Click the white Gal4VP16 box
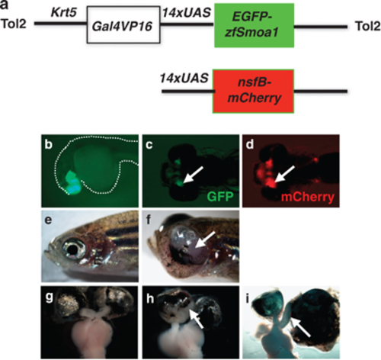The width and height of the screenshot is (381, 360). coord(123,24)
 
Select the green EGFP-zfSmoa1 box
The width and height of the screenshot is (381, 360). coord(255,25)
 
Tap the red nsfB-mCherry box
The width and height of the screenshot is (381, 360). coord(253,91)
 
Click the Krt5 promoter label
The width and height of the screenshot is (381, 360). coord(64,12)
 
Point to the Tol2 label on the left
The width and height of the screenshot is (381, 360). coord(14,24)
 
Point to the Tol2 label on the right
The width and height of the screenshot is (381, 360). coord(367,26)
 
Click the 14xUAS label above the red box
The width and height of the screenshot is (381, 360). coord(184,78)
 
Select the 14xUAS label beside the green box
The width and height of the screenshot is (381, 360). coord(187,12)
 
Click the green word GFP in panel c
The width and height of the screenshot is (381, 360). coord(220,197)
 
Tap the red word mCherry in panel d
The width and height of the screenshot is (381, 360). coord(308,197)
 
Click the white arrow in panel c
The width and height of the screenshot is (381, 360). coord(194,175)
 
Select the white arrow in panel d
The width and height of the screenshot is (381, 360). coord(284,174)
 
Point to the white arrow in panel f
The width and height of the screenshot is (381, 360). coord(206,239)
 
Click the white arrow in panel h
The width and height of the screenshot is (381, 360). coord(197,318)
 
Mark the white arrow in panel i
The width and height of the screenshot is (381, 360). coord(300,327)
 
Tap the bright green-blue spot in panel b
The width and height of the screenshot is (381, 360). coord(72,185)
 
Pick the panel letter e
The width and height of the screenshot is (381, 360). coord(48,220)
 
